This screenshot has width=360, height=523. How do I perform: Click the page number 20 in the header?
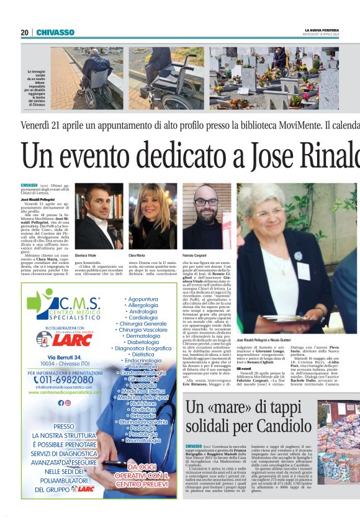(24, 32)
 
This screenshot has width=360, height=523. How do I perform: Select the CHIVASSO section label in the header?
(55, 32)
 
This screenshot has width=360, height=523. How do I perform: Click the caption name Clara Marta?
(138, 255)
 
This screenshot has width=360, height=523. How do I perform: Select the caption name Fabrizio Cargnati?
(196, 255)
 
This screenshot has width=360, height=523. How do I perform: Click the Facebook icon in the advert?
(60, 402)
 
